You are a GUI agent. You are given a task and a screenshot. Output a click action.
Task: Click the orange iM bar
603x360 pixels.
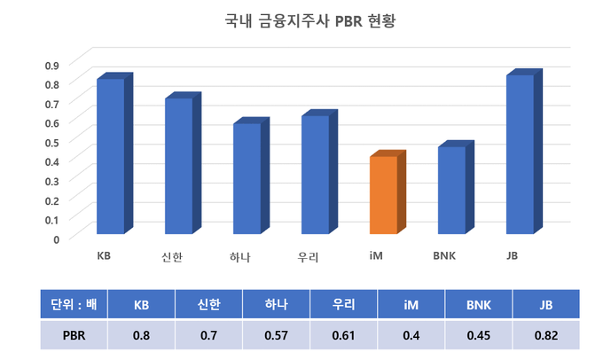click(382, 194)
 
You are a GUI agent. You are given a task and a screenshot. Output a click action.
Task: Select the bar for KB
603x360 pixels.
click(110, 156)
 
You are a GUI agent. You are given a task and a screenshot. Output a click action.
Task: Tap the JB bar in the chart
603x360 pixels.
click(520, 154)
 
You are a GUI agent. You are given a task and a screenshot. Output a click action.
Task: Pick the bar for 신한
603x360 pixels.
click(178, 166)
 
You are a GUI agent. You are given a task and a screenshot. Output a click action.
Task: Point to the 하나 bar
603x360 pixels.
click(247, 178)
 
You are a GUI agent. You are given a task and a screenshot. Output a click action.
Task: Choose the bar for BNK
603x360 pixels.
click(451, 190)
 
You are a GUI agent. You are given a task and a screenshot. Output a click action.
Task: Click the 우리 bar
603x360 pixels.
click(315, 175)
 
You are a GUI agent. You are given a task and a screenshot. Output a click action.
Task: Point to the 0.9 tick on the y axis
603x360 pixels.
click(51, 65)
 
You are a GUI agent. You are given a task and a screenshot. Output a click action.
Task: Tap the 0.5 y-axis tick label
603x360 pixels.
click(51, 142)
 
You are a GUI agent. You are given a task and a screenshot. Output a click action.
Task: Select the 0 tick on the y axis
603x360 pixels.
click(55, 239)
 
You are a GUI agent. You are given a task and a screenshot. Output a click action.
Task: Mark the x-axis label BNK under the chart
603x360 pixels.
click(444, 257)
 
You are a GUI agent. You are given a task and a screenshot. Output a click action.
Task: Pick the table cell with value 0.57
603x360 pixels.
click(276, 335)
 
